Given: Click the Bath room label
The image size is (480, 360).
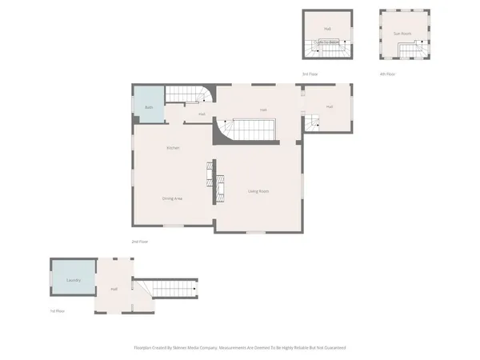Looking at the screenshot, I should [149, 107].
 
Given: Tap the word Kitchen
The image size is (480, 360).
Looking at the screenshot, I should [173, 148].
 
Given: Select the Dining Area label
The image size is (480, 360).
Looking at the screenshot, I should [172, 198].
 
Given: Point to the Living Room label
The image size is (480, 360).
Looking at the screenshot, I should [258, 191].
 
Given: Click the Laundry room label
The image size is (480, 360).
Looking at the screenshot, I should [73, 280].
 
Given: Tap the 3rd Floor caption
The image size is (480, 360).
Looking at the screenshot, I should [310, 74].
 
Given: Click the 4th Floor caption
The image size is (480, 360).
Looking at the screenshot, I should [387, 74].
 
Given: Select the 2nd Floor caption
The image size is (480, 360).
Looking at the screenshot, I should [140, 241].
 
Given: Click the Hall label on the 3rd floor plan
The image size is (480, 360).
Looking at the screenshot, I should [327, 28].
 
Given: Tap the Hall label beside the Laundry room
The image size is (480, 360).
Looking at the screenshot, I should [114, 289].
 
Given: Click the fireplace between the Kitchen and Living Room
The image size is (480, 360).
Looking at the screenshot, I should [212, 182].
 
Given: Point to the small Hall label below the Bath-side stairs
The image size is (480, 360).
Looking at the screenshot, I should [202, 114].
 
